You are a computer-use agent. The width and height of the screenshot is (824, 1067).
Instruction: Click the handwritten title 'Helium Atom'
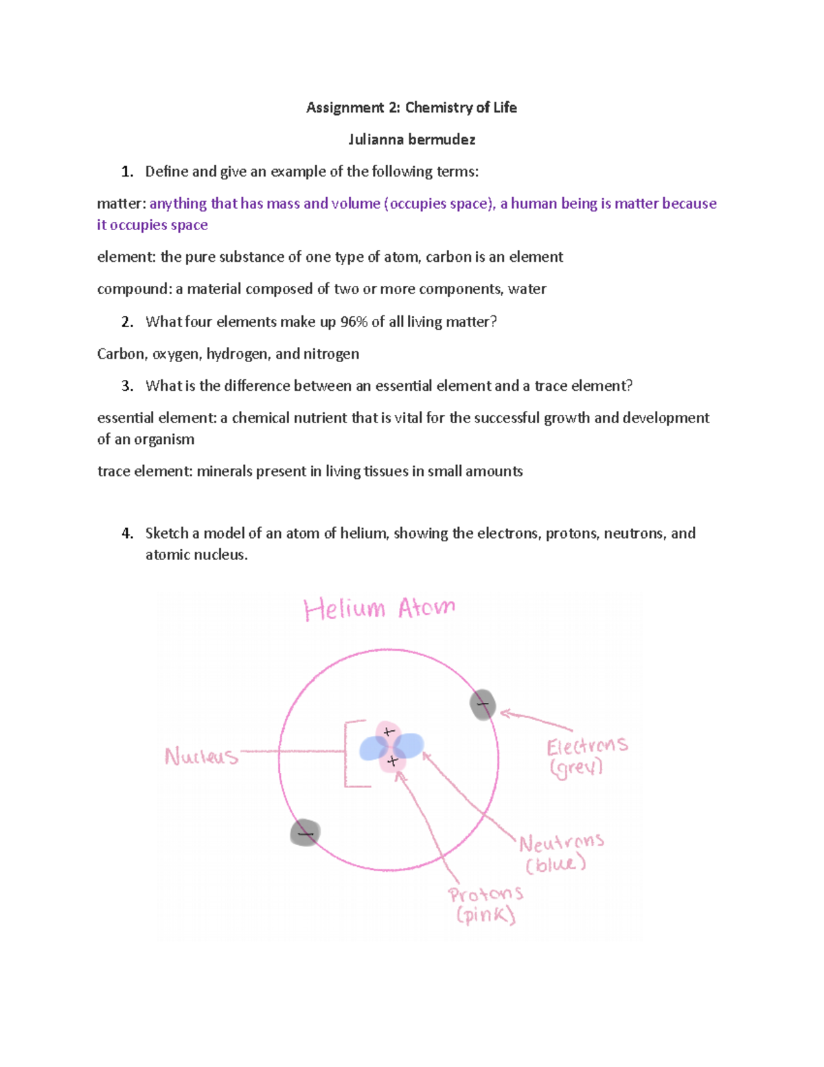point(379,609)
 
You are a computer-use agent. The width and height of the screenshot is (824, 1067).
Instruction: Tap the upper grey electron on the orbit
point(483,705)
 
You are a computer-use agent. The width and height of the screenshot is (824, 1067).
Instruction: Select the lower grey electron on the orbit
point(305,833)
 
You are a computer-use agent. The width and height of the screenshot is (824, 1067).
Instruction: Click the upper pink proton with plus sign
point(387,732)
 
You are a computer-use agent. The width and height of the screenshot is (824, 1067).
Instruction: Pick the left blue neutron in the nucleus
point(373,749)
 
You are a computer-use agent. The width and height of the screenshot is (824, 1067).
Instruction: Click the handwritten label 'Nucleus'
point(201,756)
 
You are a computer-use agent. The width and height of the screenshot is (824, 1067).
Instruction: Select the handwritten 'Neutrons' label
point(561,843)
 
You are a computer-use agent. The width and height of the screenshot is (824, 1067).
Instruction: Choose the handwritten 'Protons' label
point(485,895)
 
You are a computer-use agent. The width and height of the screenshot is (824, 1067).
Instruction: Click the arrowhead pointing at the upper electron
point(505,715)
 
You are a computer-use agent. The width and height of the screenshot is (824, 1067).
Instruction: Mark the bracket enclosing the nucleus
point(347,753)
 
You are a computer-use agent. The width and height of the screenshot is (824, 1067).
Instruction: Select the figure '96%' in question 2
point(354,322)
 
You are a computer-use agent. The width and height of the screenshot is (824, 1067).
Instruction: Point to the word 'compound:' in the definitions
point(135,289)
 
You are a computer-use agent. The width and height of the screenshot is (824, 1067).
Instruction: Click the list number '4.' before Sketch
point(127,533)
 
